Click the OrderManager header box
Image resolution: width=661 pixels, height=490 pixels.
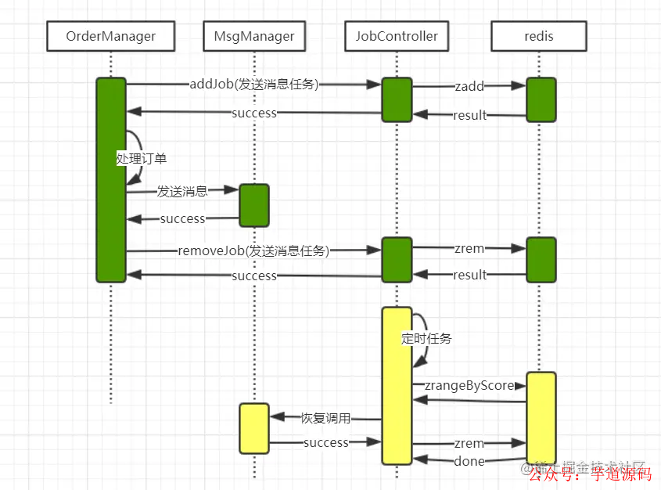tap(110, 36)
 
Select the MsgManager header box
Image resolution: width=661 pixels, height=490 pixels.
tap(254, 36)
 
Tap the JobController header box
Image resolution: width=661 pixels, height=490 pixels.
tap(397, 36)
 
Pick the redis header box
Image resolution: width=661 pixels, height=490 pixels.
tap(540, 36)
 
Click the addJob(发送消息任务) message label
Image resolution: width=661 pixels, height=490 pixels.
tap(254, 84)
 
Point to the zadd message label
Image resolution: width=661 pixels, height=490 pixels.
tap(469, 86)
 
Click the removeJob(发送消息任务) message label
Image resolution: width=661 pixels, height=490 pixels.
tap(253, 250)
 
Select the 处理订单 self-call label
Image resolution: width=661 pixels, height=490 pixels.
tap(142, 158)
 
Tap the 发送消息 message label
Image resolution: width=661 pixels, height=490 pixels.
tap(182, 190)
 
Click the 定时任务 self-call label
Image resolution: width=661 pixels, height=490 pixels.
tap(426, 339)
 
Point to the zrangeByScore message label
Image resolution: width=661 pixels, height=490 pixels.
tap(469, 385)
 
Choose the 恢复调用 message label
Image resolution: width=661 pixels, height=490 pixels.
tap(326, 418)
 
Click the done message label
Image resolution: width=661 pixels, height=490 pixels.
tap(469, 461)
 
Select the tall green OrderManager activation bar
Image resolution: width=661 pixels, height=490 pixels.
tap(111, 179)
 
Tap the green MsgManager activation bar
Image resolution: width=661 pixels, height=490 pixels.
tap(254, 205)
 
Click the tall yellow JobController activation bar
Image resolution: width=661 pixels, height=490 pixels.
tap(397, 385)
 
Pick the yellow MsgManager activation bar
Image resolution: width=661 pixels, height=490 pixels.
tap(254, 428)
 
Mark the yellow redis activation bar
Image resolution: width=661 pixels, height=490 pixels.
tap(541, 418)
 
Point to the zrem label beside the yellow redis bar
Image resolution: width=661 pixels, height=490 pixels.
tap(469, 443)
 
